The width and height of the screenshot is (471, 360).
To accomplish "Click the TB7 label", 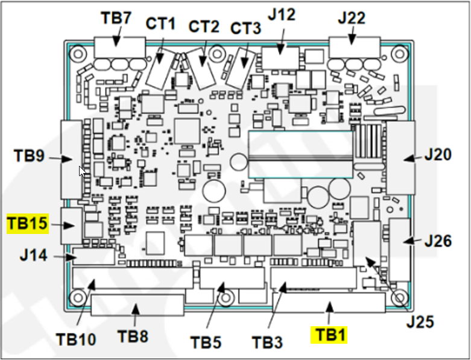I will pyautogui.click(x=116, y=17).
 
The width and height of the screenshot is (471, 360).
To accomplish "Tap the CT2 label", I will pyautogui.click(x=203, y=26).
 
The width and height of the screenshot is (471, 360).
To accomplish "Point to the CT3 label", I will pyautogui.click(x=245, y=28).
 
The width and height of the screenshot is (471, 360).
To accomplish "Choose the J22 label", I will pyautogui.click(x=352, y=17).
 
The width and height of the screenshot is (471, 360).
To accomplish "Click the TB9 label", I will pyautogui.click(x=29, y=156).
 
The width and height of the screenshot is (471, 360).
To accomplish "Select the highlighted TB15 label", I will pyautogui.click(x=27, y=224).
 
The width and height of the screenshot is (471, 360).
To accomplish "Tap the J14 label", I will pyautogui.click(x=33, y=256).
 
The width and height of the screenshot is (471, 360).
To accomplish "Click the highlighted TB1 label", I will pyautogui.click(x=329, y=334).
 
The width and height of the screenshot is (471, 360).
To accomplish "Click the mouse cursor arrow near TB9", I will pyautogui.click(x=82, y=171).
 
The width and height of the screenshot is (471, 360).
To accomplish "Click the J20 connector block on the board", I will pyautogui.click(x=400, y=157).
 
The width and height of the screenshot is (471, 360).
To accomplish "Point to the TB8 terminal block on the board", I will pyautogui.click(x=138, y=306).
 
